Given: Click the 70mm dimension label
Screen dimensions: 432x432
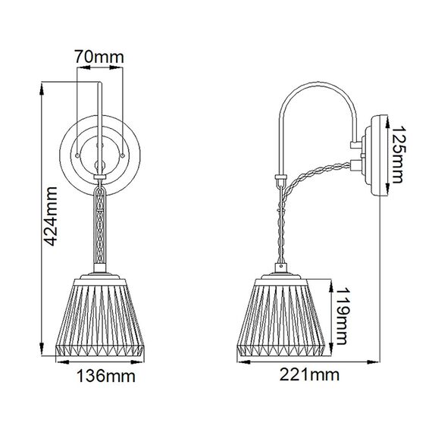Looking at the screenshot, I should tap(99, 56).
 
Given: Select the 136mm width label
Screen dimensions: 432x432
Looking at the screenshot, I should tap(102, 376).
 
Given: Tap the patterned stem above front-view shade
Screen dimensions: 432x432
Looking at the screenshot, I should tap(100, 227).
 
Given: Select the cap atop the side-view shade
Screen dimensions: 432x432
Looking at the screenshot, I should tap(284, 271).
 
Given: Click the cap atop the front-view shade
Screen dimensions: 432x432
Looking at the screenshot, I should tap(102, 271).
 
